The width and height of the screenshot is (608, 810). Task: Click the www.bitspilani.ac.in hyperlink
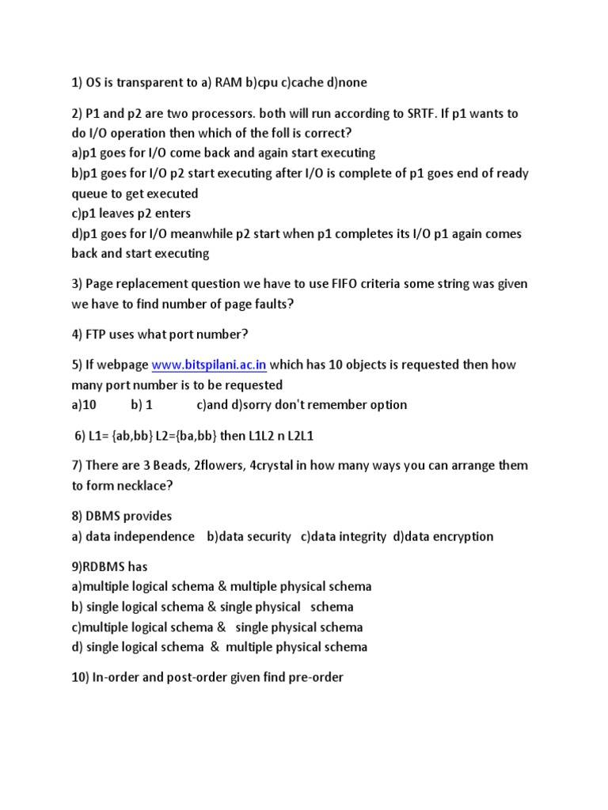pyautogui.click(x=209, y=365)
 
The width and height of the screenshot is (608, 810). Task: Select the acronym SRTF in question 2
pyautogui.click(x=396, y=113)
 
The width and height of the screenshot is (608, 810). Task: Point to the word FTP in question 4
pyautogui.click(x=98, y=334)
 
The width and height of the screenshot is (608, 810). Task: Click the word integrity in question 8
pyautogui.click(x=359, y=536)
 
